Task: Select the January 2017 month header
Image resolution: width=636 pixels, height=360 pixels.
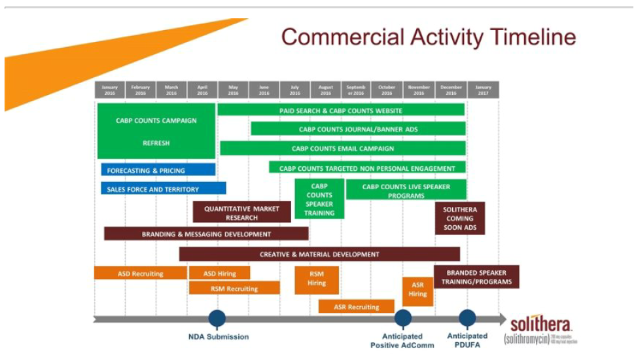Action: pyautogui.click(x=483, y=90)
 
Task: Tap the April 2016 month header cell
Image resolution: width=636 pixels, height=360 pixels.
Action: pyautogui.click(x=202, y=90)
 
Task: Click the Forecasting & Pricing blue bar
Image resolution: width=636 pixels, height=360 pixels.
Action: pyautogui.click(x=158, y=170)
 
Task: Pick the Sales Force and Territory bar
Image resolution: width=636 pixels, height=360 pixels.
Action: pyautogui.click(x=163, y=189)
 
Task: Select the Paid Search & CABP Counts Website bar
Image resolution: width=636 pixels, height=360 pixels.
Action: pyautogui.click(x=341, y=111)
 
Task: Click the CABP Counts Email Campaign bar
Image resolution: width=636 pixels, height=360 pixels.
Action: pyautogui.click(x=343, y=149)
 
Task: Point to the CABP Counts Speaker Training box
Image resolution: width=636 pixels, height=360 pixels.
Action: pyautogui.click(x=319, y=199)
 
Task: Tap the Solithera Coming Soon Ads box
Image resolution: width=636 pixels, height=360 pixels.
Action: pyautogui.click(x=461, y=219)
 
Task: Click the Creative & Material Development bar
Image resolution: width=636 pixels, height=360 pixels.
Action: pyautogui.click(x=319, y=254)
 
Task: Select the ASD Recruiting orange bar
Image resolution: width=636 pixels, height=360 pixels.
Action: pyautogui.click(x=141, y=273)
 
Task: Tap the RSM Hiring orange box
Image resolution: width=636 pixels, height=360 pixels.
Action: pyautogui.click(x=317, y=279)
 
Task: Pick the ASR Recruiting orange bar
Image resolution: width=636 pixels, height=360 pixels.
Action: pyautogui.click(x=356, y=306)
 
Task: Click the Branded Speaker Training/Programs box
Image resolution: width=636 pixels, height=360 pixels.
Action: pyautogui.click(x=476, y=277)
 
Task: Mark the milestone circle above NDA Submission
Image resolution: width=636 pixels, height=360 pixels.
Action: pyautogui.click(x=217, y=319)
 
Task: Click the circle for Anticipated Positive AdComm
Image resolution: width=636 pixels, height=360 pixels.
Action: pyautogui.click(x=403, y=319)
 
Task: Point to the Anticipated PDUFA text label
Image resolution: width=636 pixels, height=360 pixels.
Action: pyautogui.click(x=467, y=340)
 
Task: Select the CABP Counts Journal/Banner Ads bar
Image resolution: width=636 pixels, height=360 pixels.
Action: pyautogui.click(x=358, y=129)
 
